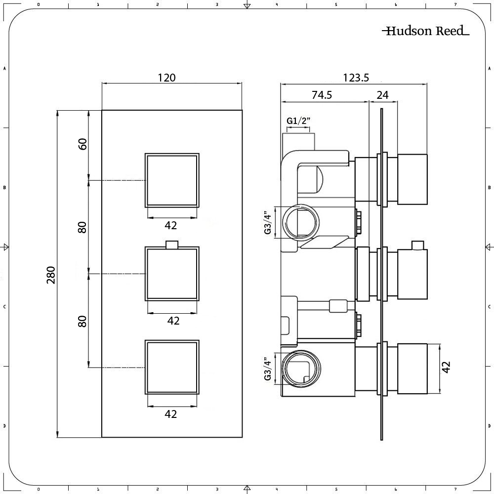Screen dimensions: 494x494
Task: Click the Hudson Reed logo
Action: (x=425, y=31)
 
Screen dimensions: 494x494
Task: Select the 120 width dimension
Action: (x=166, y=78)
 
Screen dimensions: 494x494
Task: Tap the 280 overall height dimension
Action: (x=50, y=275)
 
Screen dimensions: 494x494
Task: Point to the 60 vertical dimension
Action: (x=82, y=144)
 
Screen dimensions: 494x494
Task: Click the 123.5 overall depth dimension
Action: (x=355, y=78)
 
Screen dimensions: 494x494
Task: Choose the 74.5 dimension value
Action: (x=322, y=95)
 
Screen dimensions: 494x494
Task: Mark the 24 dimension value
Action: (x=382, y=95)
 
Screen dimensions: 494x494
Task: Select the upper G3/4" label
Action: (x=267, y=223)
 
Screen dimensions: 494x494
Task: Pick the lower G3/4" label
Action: (x=267, y=369)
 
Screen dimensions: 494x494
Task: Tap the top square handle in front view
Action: (x=172, y=180)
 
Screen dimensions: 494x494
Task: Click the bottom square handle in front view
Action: (x=172, y=368)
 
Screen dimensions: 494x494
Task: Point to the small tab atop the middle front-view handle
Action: (x=172, y=244)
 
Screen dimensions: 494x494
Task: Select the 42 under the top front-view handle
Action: (x=171, y=225)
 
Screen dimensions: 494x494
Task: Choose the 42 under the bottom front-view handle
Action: (x=171, y=414)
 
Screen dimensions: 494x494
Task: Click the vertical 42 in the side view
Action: (x=446, y=367)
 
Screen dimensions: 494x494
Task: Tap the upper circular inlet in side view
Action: (x=301, y=221)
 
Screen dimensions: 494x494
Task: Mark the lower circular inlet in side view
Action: (x=301, y=368)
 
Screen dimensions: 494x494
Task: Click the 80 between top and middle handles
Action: (x=82, y=227)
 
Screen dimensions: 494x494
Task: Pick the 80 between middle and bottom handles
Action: (x=82, y=321)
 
